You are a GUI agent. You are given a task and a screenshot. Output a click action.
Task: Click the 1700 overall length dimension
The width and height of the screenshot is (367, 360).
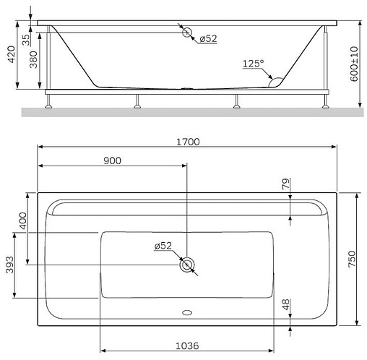pos(187,142)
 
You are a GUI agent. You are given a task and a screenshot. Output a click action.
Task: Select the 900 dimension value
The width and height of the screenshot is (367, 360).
pos(112,160)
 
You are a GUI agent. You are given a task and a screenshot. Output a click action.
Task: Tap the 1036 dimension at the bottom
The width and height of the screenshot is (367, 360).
pos(186,346)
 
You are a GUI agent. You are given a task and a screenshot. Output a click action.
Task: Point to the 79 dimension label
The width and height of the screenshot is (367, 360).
pos(286,185)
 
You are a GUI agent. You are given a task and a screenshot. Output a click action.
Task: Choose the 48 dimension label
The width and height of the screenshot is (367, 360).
pos(286,306)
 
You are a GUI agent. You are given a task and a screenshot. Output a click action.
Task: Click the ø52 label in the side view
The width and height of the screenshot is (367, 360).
pos(207,39)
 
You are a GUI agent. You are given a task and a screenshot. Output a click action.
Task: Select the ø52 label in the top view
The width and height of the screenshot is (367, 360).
pos(163,246)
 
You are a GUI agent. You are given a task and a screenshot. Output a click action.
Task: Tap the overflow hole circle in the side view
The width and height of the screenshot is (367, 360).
pos(187,32)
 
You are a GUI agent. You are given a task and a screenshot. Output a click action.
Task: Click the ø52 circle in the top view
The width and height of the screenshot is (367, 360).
pos(187,265)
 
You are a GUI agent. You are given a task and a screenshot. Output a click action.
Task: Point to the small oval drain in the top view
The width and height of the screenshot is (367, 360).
pos(187,314)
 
